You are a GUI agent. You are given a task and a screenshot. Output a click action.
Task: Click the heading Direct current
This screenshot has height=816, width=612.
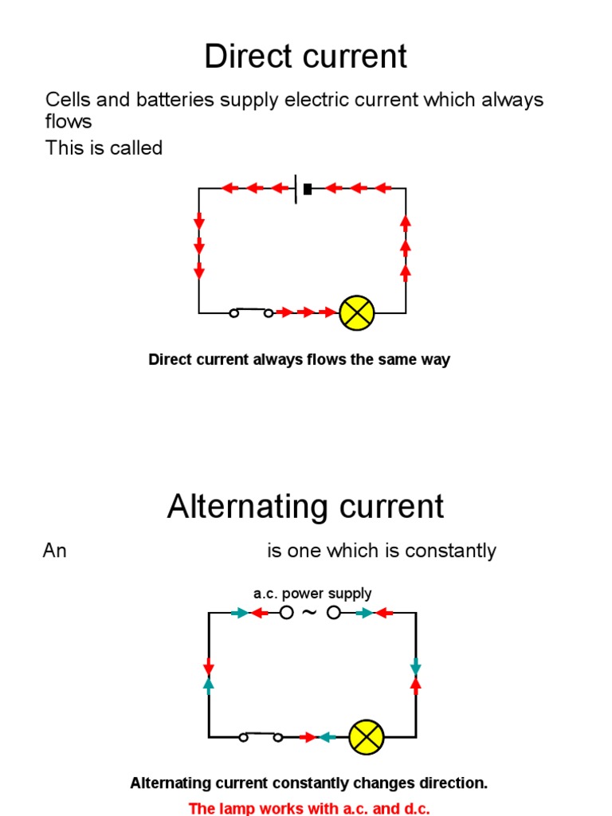(305, 57)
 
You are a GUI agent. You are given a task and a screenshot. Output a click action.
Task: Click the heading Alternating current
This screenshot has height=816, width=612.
(305, 507)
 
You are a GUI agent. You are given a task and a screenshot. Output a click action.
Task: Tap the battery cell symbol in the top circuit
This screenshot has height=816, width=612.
(302, 189)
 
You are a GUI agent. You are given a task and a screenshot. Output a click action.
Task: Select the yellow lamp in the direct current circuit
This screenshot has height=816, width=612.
(356, 313)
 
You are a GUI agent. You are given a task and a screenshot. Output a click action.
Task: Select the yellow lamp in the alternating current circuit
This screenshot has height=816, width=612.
(367, 737)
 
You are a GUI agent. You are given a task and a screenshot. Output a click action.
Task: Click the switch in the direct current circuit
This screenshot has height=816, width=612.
(251, 312)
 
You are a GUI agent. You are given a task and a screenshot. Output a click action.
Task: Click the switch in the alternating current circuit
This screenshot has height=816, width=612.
(261, 736)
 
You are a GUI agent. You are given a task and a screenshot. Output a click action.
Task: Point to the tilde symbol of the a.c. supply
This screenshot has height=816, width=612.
(310, 612)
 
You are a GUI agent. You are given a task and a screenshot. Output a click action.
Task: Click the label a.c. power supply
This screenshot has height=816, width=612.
(312, 593)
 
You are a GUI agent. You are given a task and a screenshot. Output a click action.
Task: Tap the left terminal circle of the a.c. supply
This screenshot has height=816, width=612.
(286, 613)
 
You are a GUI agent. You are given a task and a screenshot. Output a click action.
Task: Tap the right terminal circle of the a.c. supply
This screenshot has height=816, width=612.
(334, 613)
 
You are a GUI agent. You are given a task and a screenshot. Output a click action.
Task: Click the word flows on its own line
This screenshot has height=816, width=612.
(69, 122)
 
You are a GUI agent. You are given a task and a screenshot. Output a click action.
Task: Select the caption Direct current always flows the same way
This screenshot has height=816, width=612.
(299, 359)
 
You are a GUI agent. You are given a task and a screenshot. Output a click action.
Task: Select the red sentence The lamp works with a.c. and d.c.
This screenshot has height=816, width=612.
(309, 808)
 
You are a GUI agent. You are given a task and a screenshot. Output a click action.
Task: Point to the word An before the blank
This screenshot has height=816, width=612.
(54, 551)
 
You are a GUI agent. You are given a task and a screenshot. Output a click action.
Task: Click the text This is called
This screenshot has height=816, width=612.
(104, 147)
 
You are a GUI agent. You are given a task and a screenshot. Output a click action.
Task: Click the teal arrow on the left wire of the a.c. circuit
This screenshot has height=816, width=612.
(209, 683)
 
